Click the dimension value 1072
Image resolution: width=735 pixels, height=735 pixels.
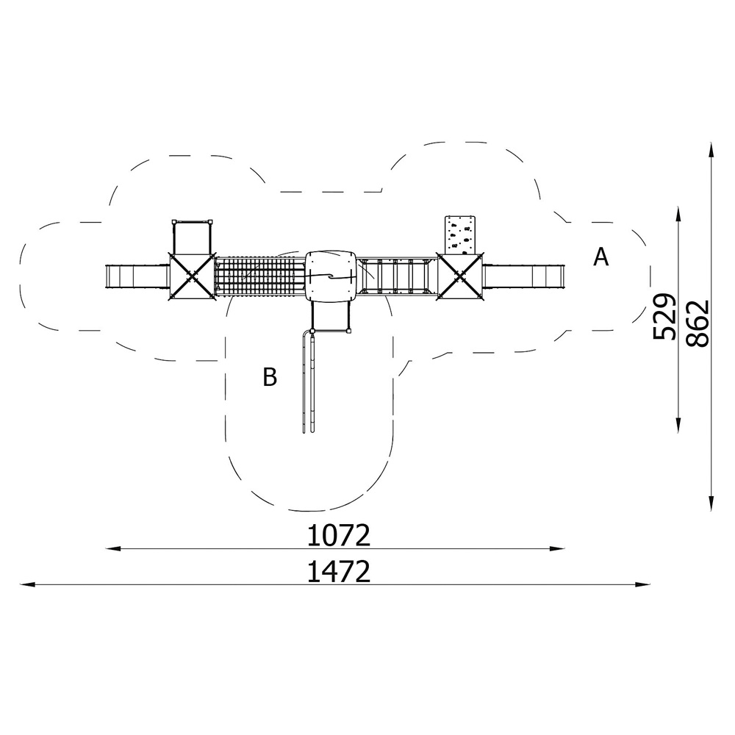[x=338, y=535]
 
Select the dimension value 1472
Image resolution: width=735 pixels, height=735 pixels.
[x=338, y=571]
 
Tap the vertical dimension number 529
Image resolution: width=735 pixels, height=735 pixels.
[x=664, y=316]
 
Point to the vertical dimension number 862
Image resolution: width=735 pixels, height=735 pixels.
[x=698, y=323]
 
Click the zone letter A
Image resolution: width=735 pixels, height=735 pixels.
[x=600, y=257]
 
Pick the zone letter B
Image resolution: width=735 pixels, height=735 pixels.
[x=270, y=377]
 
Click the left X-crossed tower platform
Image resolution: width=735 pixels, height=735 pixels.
[x=191, y=276]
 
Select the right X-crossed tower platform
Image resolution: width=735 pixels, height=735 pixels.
[x=460, y=276]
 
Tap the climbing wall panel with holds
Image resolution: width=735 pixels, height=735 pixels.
[x=460, y=234]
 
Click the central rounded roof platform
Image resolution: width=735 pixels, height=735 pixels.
[x=330, y=276]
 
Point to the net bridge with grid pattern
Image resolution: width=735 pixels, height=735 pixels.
[x=259, y=276]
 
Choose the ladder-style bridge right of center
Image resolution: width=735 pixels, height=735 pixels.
[x=397, y=276]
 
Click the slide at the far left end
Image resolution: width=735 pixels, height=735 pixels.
[x=137, y=276]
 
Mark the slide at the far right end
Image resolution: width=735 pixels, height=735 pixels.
[x=514, y=276]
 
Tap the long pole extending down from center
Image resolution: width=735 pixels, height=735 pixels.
[x=309, y=381]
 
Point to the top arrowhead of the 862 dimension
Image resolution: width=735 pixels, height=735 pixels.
[x=711, y=150]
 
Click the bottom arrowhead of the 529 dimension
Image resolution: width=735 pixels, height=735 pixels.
[x=678, y=426]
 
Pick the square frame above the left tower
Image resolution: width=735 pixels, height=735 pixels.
[x=192, y=237]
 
